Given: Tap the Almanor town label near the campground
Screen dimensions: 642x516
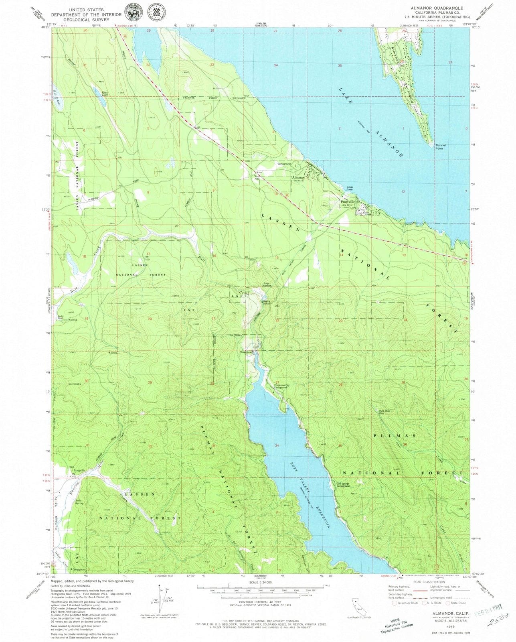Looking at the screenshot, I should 298,177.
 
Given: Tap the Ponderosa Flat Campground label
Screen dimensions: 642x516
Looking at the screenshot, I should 281,386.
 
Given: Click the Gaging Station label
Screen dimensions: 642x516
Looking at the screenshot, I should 267,303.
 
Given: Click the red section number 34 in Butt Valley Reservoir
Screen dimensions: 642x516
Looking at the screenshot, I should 277,446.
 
